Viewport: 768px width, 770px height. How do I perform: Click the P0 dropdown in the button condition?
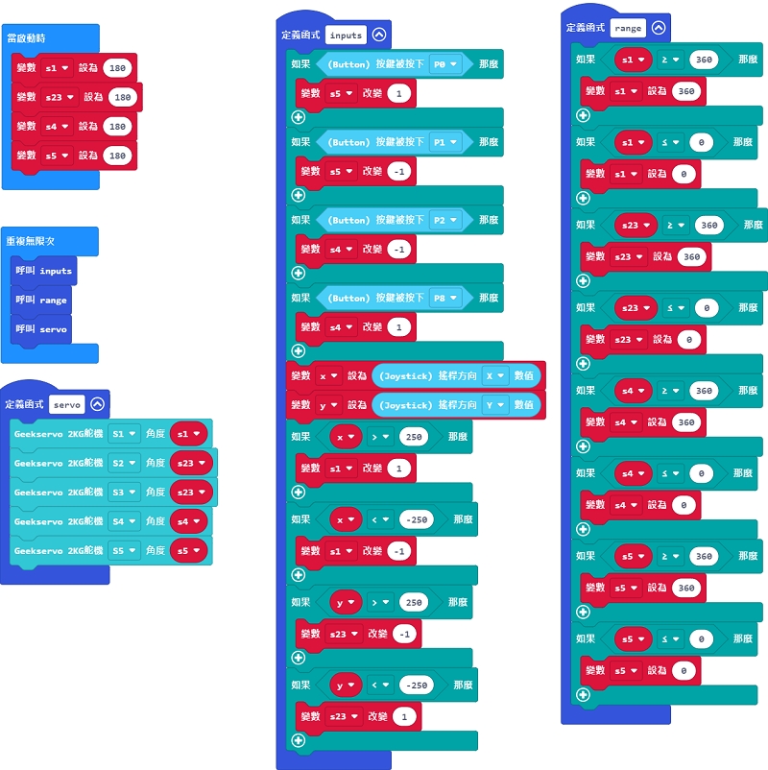(x=445, y=64)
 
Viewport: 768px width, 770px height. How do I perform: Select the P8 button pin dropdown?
(x=445, y=299)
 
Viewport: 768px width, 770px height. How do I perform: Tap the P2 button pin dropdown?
(x=445, y=220)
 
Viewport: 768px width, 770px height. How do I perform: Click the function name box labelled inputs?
(x=345, y=36)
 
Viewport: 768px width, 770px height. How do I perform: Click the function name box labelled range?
(x=627, y=28)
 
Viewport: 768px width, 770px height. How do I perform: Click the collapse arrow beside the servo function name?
(x=97, y=404)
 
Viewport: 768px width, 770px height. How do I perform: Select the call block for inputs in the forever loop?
(x=45, y=271)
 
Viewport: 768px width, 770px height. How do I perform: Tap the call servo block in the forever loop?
(x=45, y=329)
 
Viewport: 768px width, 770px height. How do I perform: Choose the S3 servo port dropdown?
(x=124, y=493)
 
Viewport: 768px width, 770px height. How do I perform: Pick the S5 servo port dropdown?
(x=124, y=551)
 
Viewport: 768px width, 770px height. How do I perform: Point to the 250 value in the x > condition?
(x=413, y=437)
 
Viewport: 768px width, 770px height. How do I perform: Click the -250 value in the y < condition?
(x=416, y=686)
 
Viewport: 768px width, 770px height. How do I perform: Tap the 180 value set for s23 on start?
(x=123, y=97)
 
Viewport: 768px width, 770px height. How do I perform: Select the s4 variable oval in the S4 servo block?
(x=188, y=522)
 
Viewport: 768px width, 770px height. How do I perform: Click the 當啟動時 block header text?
(x=27, y=38)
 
